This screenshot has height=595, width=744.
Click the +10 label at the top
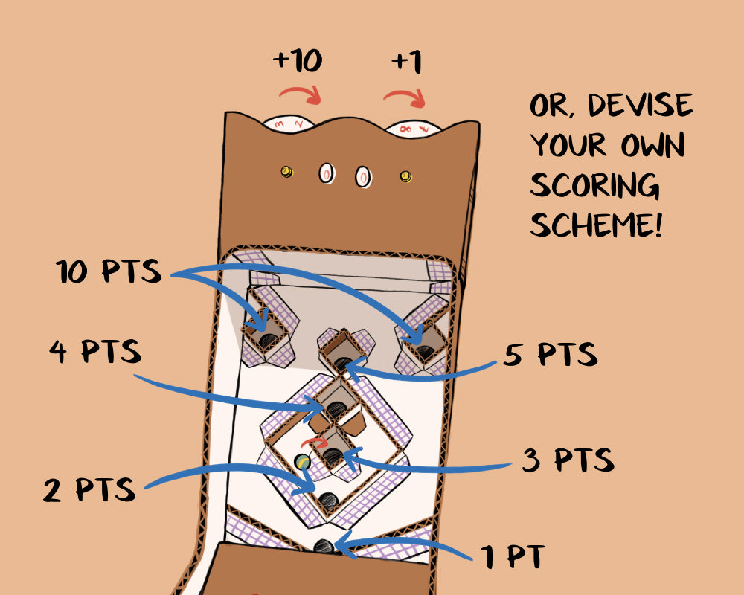click(297, 61)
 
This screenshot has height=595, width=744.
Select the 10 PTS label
click(109, 272)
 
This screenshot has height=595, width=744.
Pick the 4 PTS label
click(95, 351)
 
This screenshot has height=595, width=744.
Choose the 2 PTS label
click(90, 490)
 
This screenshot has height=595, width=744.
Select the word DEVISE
click(639, 106)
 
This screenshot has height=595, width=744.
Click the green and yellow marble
click(303, 461)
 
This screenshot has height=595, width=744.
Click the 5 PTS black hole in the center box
click(342, 363)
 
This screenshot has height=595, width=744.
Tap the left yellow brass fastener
click(286, 172)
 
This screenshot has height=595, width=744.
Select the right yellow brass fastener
click(405, 176)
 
